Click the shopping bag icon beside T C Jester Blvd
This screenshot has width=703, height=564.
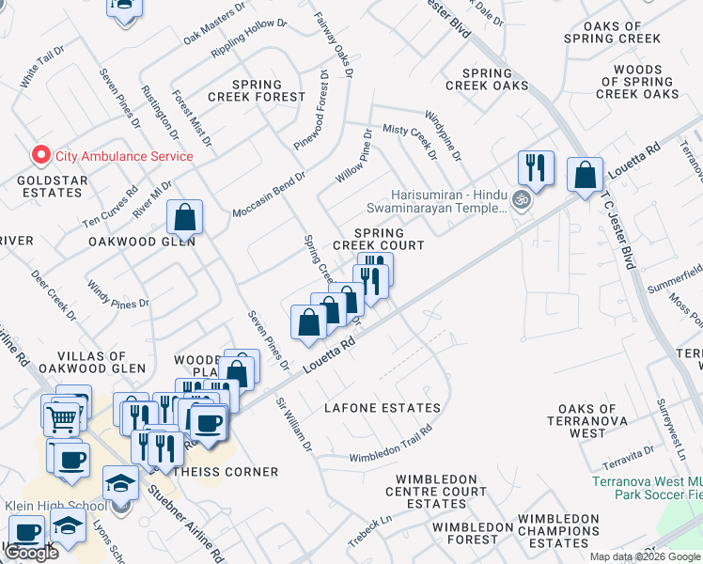(585, 174)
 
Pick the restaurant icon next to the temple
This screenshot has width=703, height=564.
(536, 168)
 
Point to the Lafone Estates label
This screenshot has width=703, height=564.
(382, 408)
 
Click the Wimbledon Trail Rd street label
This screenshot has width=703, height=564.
(390, 445)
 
